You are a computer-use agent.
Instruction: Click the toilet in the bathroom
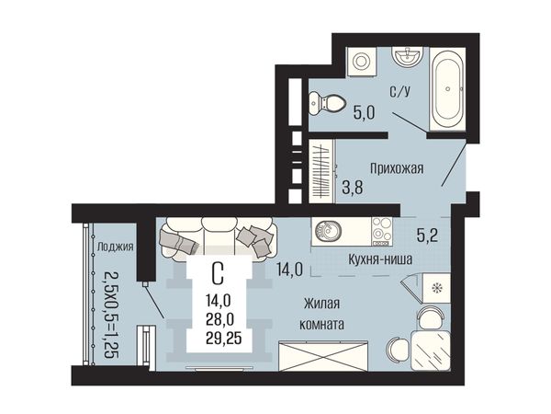pos(326,103)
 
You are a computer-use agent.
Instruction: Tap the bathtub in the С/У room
pos(448,89)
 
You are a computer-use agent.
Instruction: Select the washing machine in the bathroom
pos(362,62)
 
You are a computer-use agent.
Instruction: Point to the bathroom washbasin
pos(407,57)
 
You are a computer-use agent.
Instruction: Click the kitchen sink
pos(327,231)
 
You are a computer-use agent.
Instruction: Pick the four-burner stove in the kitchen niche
pos(382,231)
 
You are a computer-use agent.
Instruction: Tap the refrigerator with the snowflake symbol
pos(437,288)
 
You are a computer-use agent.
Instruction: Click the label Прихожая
pos(397,168)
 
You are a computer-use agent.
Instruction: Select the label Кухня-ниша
pos(380,259)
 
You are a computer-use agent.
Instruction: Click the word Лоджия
pos(116,247)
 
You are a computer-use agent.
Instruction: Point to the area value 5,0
pos(364,113)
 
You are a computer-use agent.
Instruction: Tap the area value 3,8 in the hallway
pos(353,188)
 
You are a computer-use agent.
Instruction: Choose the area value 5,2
pos(427,236)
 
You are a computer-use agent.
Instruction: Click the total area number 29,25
pos(224,339)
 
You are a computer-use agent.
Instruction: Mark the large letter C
pos(218,274)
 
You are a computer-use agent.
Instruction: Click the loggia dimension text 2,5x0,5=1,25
pos(111,315)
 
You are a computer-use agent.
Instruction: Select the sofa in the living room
pos(217,238)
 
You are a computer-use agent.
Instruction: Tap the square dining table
pos(431,351)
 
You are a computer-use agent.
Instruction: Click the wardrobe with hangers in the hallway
pos(321,171)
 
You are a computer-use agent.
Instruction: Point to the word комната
pos(321,324)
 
